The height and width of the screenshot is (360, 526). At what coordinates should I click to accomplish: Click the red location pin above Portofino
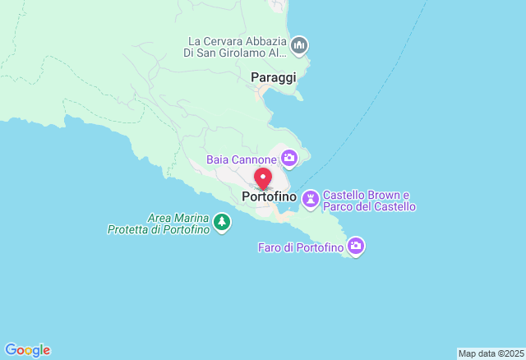(x=263, y=178)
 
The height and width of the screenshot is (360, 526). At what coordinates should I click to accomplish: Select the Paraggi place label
(x=273, y=76)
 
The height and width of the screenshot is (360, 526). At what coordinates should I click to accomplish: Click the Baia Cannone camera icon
(x=289, y=157)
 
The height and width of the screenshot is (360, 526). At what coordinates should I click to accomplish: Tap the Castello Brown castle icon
(x=311, y=198)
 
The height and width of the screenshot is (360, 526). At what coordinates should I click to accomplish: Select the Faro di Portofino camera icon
(x=356, y=245)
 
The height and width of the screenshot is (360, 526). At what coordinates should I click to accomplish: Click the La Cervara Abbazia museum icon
(x=299, y=44)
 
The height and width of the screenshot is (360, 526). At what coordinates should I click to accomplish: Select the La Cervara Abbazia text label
(x=237, y=47)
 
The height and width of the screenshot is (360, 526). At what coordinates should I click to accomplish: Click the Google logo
(x=27, y=350)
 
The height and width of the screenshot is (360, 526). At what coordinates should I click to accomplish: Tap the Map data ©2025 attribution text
(x=490, y=353)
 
